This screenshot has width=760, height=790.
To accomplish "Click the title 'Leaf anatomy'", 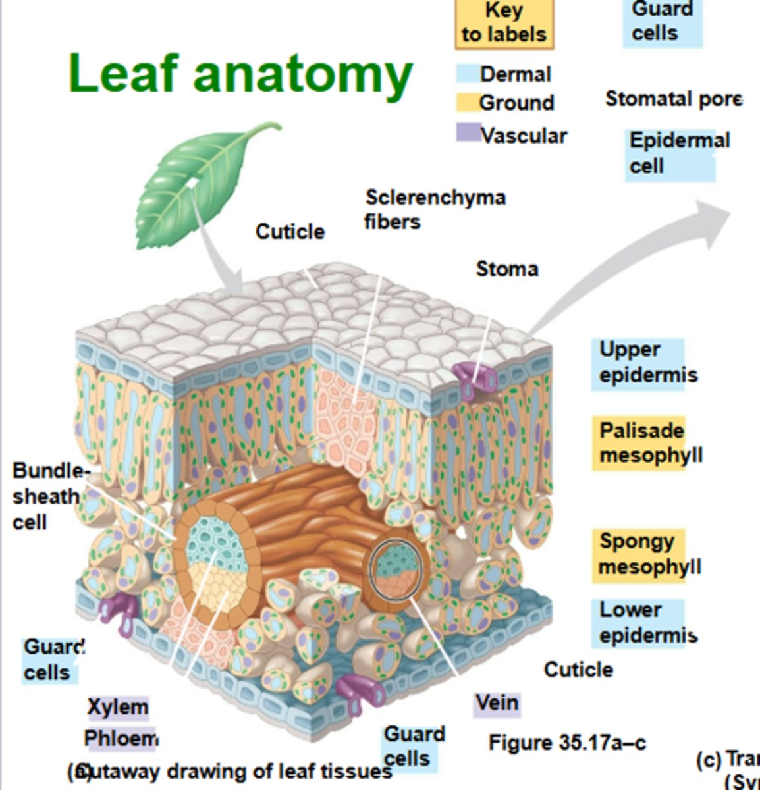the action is pos(240,74).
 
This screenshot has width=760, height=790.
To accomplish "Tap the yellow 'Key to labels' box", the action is pos(504,23).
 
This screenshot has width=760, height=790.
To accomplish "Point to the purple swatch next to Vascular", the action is pos(468,132).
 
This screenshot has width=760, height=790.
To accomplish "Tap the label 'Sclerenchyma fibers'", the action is pos(435,209).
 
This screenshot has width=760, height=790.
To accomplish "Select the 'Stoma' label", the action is pos(506,269).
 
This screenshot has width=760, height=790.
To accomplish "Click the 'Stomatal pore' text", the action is pos(673,99).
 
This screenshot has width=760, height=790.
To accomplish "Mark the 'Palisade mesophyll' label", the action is pos(649,442).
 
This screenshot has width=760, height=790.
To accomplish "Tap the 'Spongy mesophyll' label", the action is pos(649,554).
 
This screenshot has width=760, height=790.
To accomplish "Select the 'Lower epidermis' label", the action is pos(647,622).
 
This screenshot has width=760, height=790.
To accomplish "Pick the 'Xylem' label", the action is pos(118,707).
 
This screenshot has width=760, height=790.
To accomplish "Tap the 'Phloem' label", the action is pos(121,739).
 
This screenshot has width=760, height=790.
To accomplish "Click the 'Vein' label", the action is pos(497,703).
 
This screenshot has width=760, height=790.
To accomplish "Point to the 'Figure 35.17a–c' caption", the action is pos(566,743).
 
